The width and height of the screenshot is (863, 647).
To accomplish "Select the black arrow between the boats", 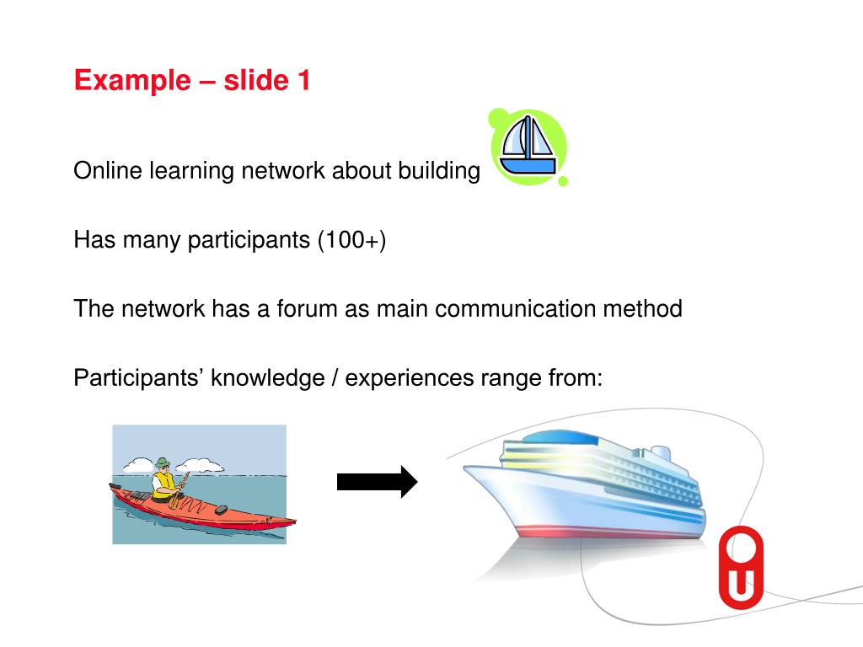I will (x=377, y=482).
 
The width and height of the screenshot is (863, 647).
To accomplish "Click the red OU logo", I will (x=740, y=566).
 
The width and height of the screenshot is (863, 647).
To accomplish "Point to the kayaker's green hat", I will (x=163, y=463).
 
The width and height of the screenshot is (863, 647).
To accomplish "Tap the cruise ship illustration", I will (x=590, y=489).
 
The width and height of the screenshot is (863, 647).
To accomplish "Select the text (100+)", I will (x=351, y=240).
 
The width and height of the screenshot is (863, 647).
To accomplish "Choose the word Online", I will (x=108, y=171).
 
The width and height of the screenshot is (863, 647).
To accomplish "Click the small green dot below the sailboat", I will (x=563, y=181).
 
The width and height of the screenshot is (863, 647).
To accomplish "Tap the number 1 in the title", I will (x=303, y=81).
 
